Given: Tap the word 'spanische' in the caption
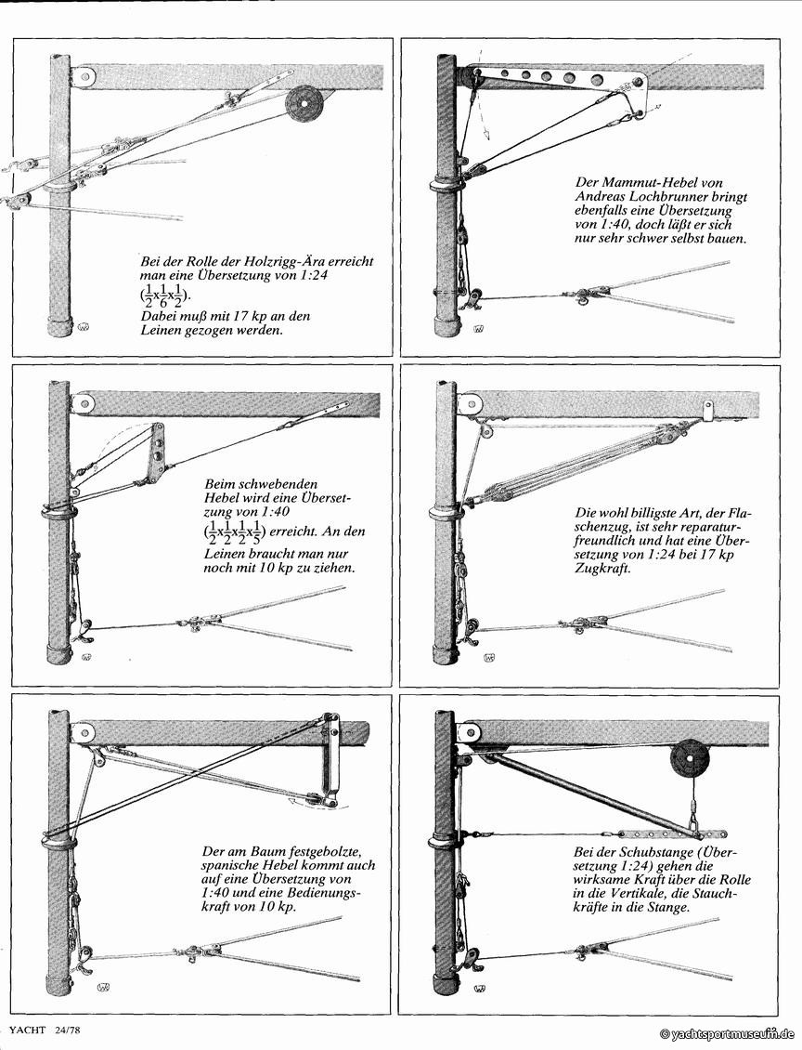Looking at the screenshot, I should point(231,864).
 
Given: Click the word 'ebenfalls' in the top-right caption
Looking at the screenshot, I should point(606,211).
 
